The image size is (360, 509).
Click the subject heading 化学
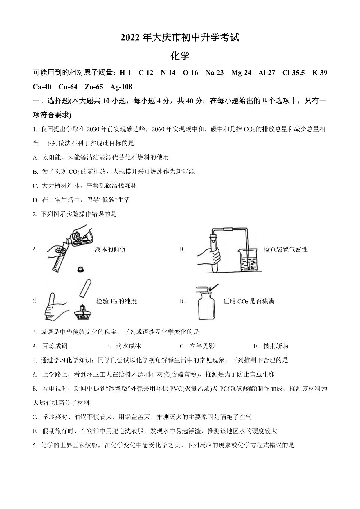point(180,56)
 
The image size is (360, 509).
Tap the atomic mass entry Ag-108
point(121,87)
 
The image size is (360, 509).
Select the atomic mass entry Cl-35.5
point(293,73)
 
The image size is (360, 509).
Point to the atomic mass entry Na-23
point(215,73)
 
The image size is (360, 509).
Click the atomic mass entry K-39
point(319,73)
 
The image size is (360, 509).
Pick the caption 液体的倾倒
point(110,249)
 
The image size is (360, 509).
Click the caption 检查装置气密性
point(285,249)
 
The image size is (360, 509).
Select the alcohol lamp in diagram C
point(83,312)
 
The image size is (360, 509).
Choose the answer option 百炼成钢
point(55,346)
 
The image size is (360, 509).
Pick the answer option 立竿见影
point(202,346)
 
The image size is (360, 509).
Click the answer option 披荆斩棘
point(276,346)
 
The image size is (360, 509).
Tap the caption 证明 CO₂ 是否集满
point(249,301)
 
